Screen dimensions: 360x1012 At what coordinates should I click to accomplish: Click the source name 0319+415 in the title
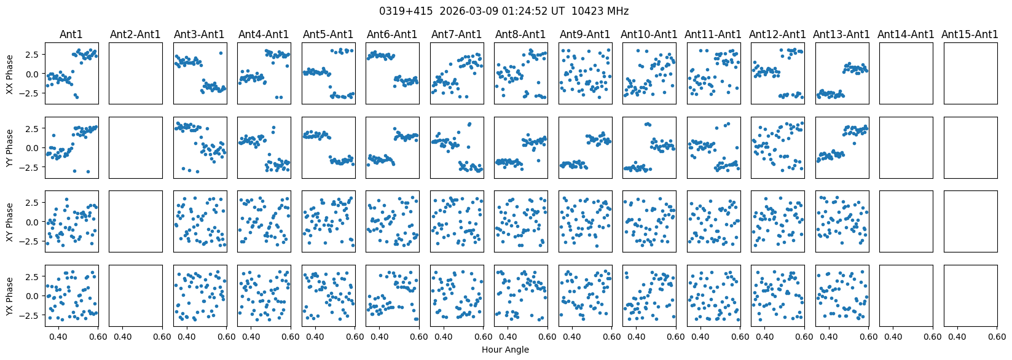pyautogui.click(x=401, y=11)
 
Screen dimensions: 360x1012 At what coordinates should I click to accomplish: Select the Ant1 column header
pyautogui.click(x=71, y=34)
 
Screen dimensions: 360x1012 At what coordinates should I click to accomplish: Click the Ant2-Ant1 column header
pyautogui.click(x=135, y=34)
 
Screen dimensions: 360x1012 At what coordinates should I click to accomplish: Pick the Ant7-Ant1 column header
pyautogui.click(x=457, y=34)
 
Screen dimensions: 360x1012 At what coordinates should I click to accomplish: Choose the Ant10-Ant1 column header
pyautogui.click(x=649, y=34)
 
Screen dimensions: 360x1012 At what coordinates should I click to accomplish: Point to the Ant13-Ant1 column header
pyautogui.click(x=841, y=34)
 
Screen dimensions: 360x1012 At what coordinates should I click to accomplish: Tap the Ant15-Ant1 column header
pyautogui.click(x=970, y=34)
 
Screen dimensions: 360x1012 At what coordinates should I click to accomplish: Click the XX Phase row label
pyautogui.click(x=10, y=74)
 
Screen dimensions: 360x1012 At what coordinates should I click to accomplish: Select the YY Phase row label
pyautogui.click(x=10, y=147)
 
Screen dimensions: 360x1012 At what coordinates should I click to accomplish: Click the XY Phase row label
pyautogui.click(x=10, y=221)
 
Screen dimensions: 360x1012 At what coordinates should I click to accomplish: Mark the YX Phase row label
pyautogui.click(x=10, y=295)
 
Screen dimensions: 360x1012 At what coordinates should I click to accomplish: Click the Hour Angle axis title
pyautogui.click(x=505, y=350)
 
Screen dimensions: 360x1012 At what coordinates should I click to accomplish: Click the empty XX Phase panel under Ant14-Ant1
pyautogui.click(x=906, y=74)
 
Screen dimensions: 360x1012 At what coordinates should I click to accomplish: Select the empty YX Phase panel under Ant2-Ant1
pyautogui.click(x=135, y=295)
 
